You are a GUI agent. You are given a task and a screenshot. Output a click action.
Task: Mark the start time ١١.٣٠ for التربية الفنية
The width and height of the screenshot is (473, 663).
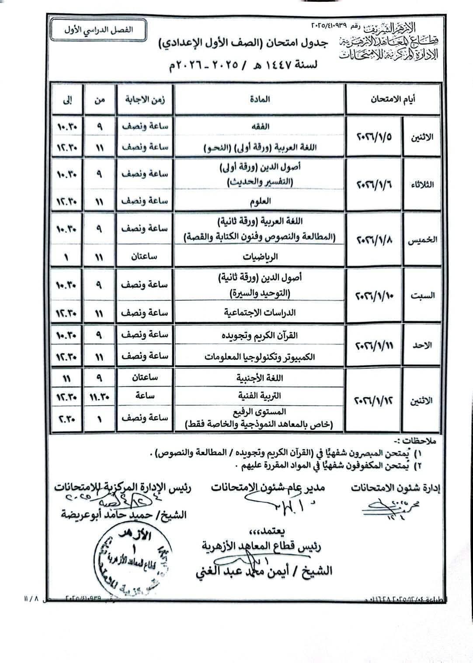coord(99,396)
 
